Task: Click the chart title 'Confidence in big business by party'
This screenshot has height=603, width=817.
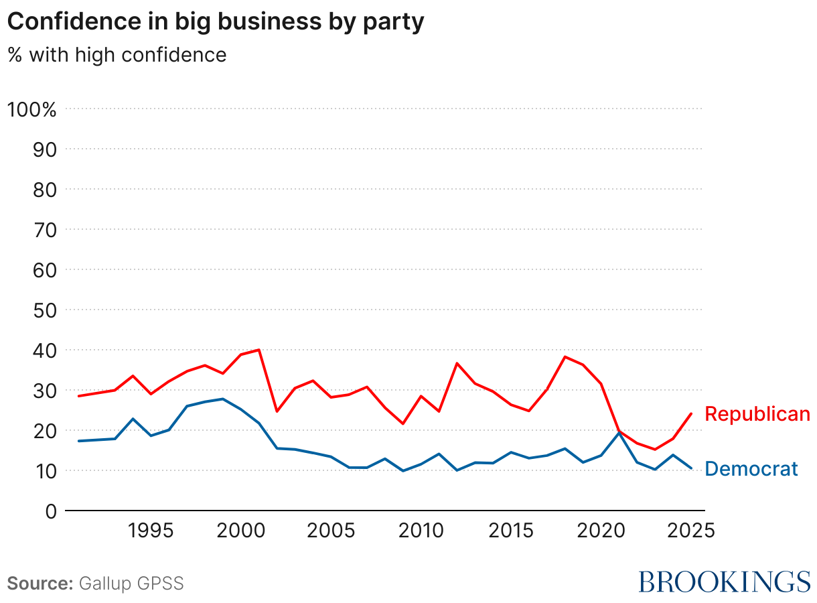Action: pos(216,22)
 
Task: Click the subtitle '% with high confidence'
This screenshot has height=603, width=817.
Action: pos(117,54)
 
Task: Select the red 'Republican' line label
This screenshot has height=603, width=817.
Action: pos(757,415)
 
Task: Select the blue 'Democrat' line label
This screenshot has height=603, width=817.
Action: pos(751,469)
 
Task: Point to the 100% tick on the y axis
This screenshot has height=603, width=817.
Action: pos(31,109)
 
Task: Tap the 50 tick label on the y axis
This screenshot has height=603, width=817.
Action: pos(44,310)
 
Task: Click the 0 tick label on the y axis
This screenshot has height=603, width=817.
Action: pos(50,511)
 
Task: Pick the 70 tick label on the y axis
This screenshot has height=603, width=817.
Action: pos(44,230)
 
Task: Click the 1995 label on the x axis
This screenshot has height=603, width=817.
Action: pos(151,531)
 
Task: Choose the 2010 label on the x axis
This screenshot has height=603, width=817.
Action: pos(421,531)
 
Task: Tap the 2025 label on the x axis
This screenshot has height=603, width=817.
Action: pos(690,531)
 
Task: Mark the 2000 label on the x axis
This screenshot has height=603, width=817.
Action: pos(241,531)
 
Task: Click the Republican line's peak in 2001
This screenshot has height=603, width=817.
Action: pos(259,350)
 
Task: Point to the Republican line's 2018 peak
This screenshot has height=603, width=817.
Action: pos(565,356)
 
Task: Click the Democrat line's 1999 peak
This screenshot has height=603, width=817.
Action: pos(223,399)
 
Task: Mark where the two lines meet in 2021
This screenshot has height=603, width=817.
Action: pos(619,432)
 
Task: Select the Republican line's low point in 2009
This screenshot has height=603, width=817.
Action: pos(403,423)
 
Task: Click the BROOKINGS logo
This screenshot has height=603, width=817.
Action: pos(724,582)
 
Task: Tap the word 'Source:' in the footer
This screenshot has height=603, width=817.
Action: pos(40,584)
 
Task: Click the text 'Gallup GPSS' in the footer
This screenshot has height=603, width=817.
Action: pos(131,584)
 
